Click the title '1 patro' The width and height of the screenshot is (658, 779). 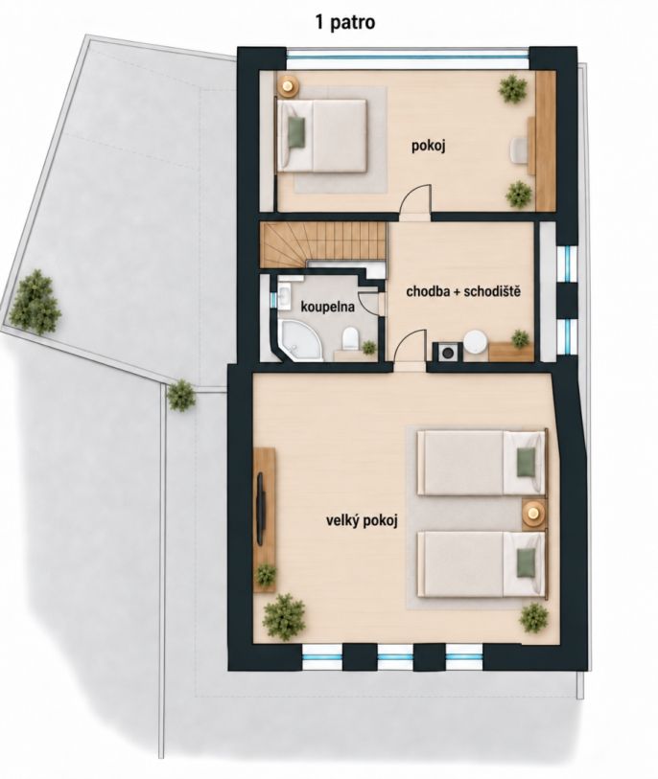point(345,22)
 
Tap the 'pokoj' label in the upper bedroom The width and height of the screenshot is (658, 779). point(428,146)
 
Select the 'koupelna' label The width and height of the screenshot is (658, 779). point(328,307)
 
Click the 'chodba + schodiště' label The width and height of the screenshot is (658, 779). point(463,291)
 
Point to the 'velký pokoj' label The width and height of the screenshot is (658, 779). point(362,521)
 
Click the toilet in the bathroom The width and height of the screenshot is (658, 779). point(350,337)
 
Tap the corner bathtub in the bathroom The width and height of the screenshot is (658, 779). point(298,340)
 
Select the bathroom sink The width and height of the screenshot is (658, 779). point(285,298)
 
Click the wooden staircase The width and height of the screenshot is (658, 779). point(323,243)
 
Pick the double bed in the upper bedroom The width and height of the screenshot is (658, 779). point(321,136)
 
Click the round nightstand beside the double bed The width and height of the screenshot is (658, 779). point(288,85)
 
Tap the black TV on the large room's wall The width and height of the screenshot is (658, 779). point(261,509)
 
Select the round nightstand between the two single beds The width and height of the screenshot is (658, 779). point(533,513)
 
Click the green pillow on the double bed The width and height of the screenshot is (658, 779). point(296,132)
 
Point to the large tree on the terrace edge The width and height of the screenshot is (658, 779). point(35,303)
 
